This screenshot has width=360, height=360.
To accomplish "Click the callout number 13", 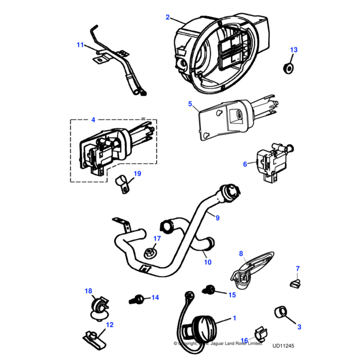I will [x=293, y=49].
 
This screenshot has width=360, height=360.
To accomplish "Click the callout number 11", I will [x=80, y=44].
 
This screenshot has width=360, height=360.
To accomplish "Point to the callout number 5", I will [x=190, y=104].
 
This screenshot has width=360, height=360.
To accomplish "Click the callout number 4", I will [x=93, y=120].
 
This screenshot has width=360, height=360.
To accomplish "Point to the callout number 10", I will [x=207, y=262].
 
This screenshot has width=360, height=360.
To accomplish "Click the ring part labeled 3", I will [x=280, y=312].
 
